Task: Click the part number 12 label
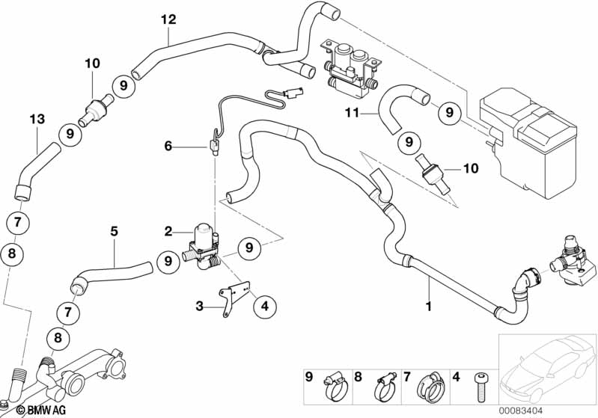tap(168, 19)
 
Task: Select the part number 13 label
tap(37, 119)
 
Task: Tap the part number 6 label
tap(168, 147)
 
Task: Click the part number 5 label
tap(114, 232)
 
